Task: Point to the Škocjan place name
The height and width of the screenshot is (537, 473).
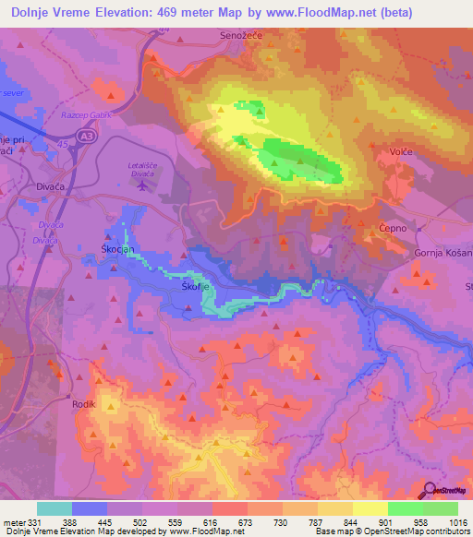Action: point(117,250)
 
